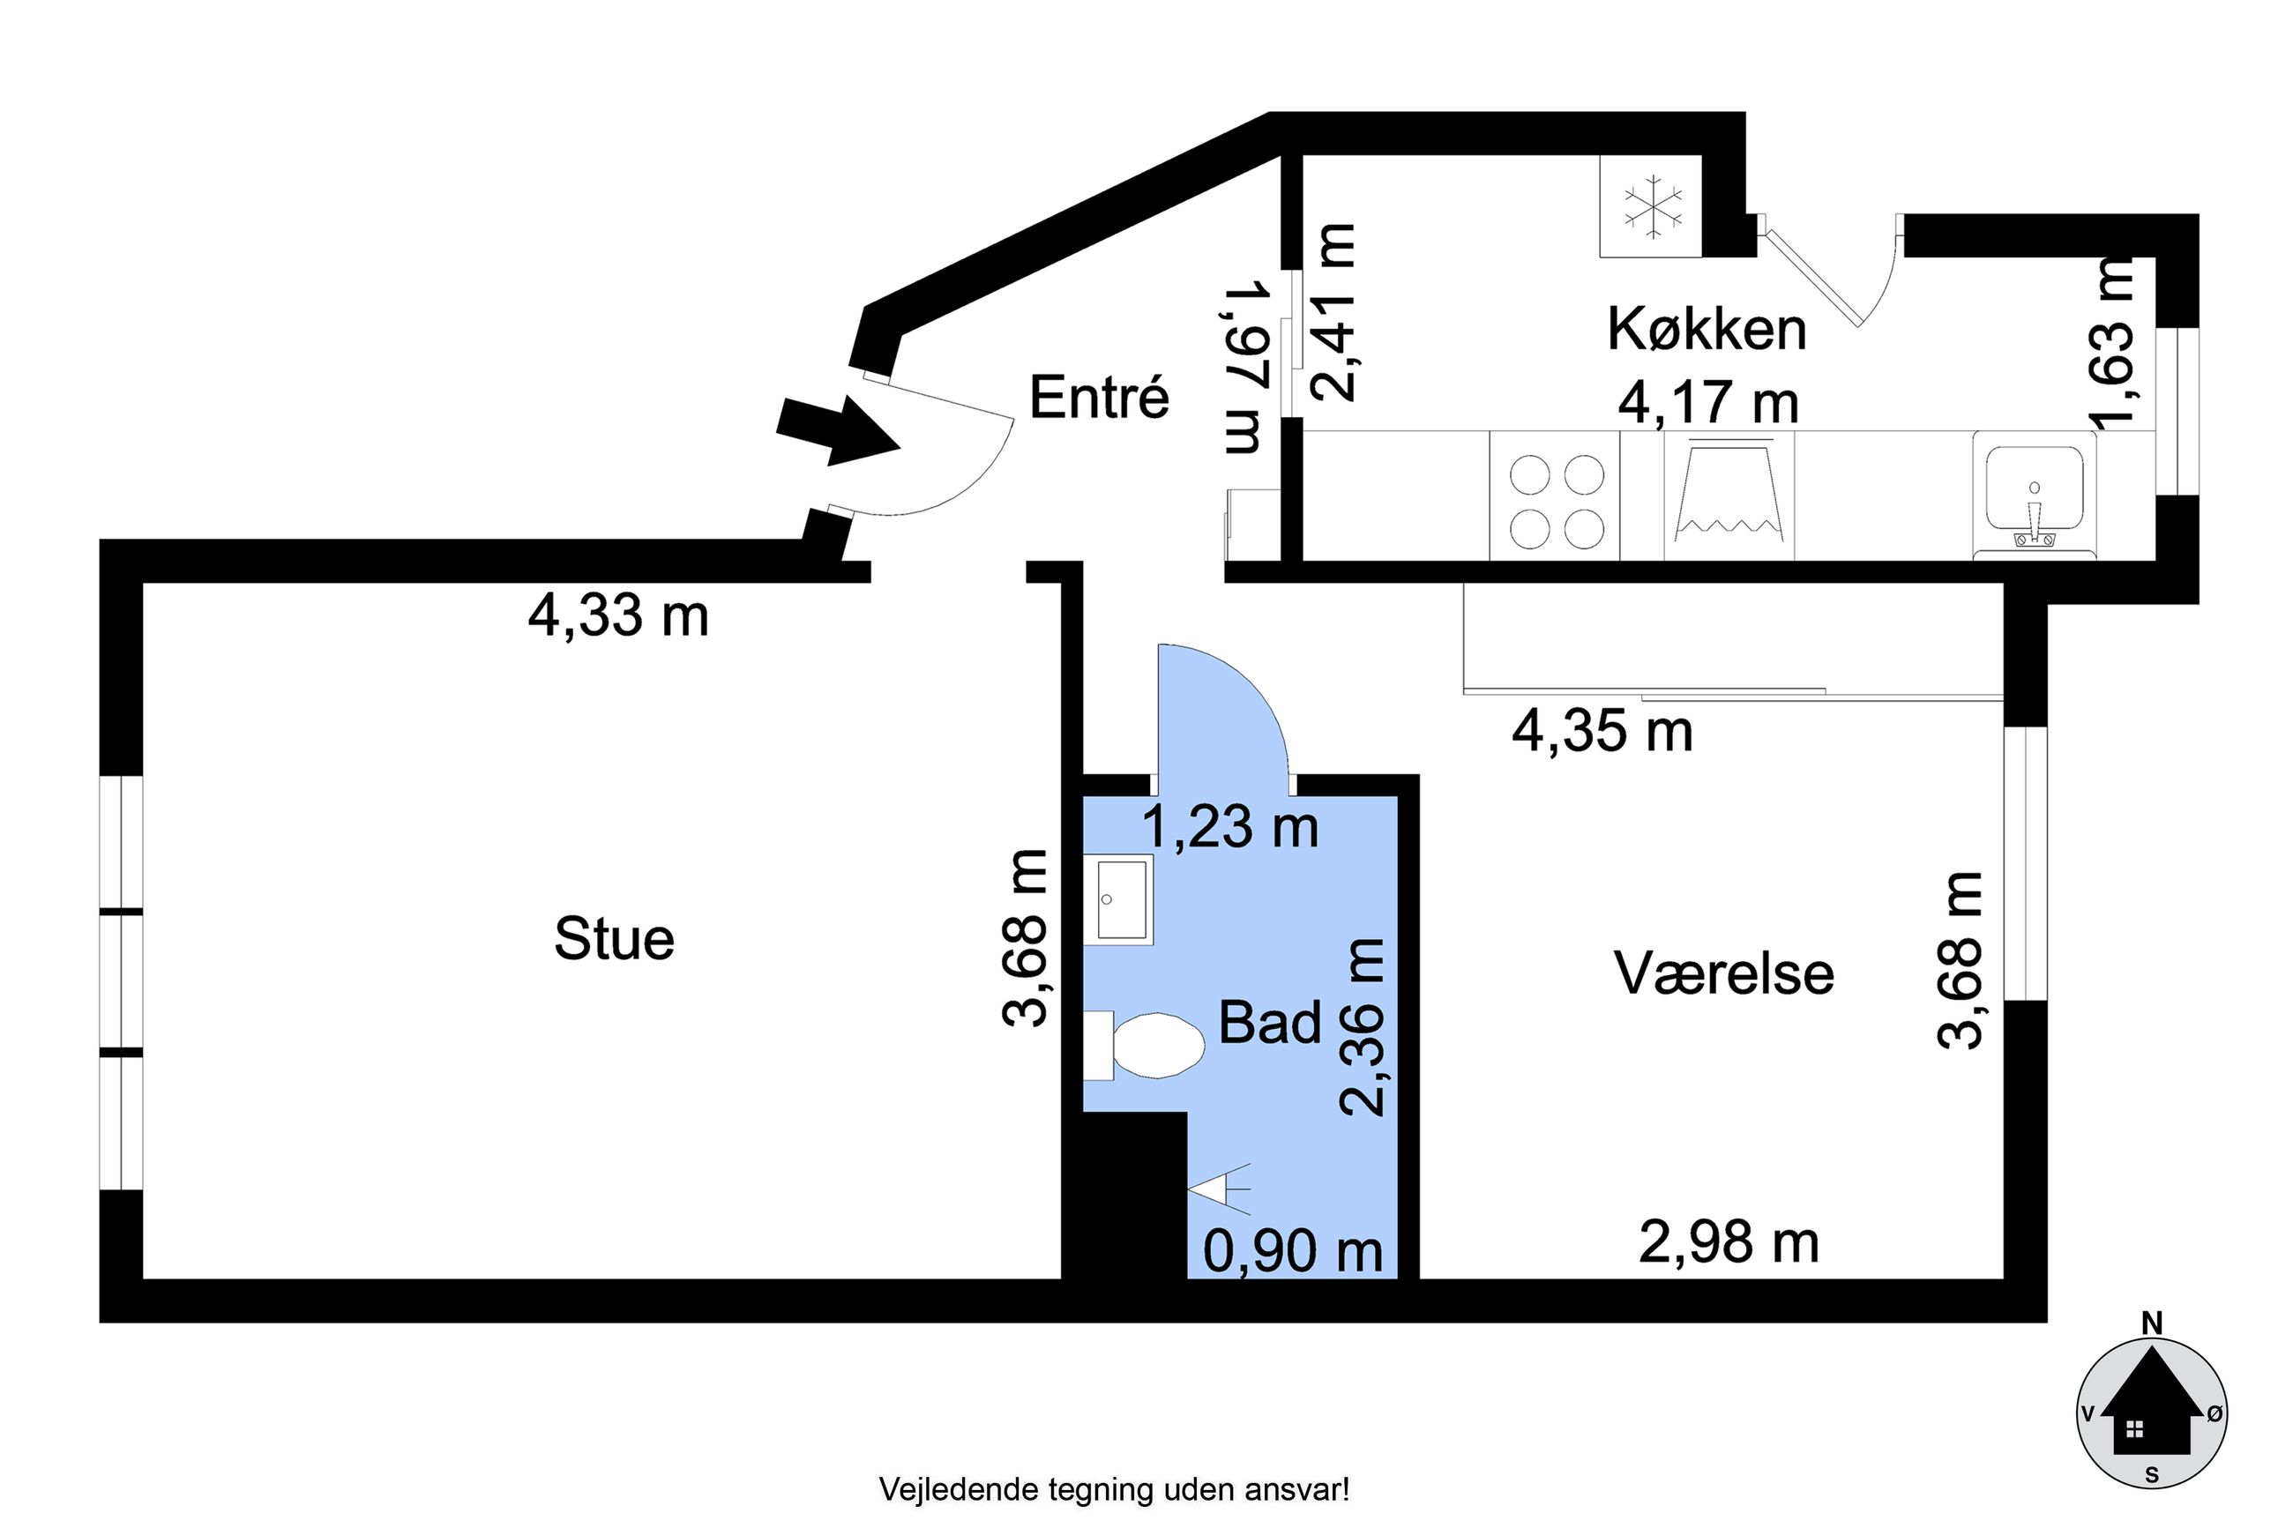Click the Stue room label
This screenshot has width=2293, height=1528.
tap(614, 938)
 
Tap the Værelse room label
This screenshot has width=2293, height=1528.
tap(1724, 973)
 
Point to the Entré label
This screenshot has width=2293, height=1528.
tap(1098, 398)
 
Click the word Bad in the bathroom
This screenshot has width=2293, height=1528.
tap(1270, 1022)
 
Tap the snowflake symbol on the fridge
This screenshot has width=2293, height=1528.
tap(1652, 206)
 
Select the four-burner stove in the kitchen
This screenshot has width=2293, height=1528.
tap(1557, 496)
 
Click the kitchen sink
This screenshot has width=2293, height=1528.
tap(2034, 496)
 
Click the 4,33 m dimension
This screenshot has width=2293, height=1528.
tap(618, 616)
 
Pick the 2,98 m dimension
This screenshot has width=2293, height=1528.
tap(1729, 1242)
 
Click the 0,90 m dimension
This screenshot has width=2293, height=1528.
tap(1293, 1250)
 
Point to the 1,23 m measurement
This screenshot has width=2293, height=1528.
tap(1229, 826)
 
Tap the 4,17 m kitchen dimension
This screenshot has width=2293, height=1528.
tap(1708, 401)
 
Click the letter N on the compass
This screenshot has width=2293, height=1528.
tap(2152, 1323)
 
